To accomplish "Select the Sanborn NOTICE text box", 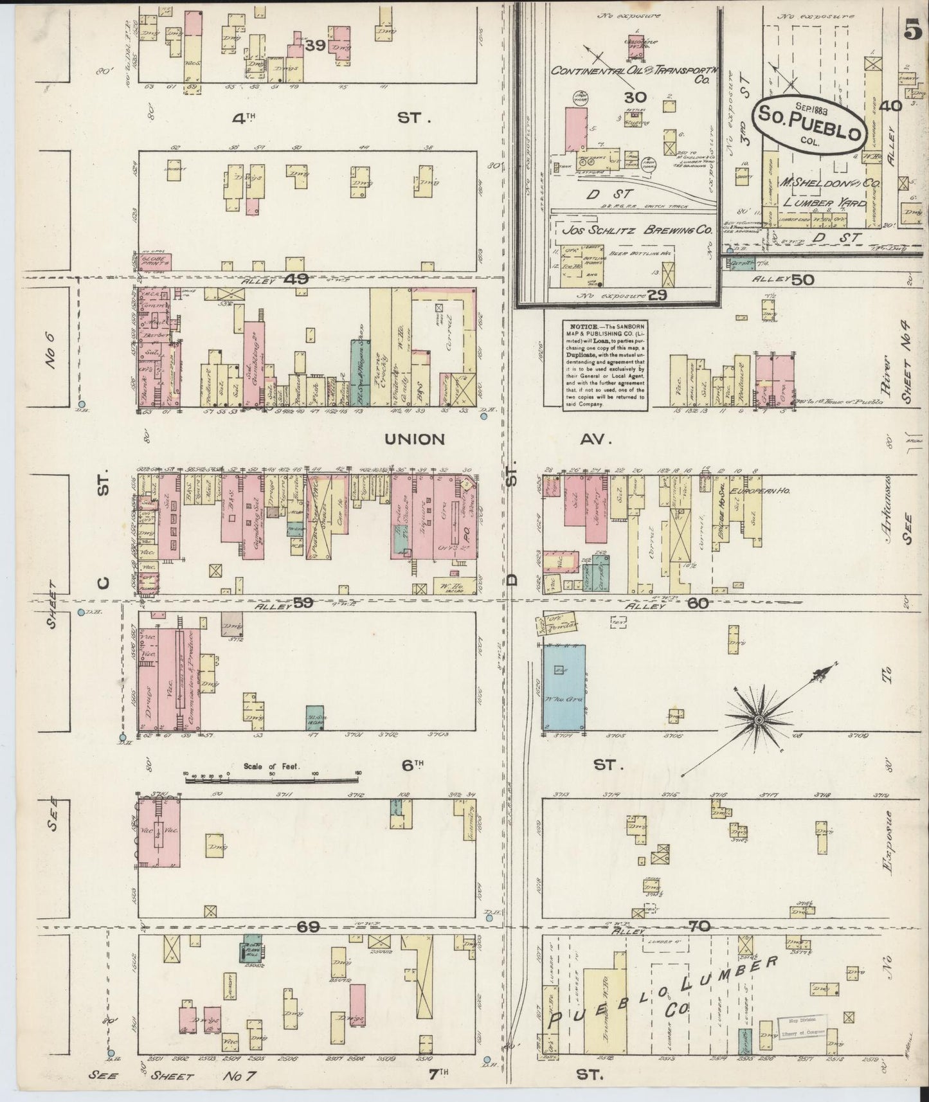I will click(x=604, y=365).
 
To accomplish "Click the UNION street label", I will click(x=415, y=440).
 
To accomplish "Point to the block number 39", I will click(x=314, y=46).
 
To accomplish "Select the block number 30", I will click(x=634, y=98).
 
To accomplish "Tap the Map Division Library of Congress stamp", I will click(x=801, y=1027).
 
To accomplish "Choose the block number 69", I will click(x=308, y=926).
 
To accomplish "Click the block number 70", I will click(x=700, y=926).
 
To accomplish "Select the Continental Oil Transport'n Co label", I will click(x=632, y=73).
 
